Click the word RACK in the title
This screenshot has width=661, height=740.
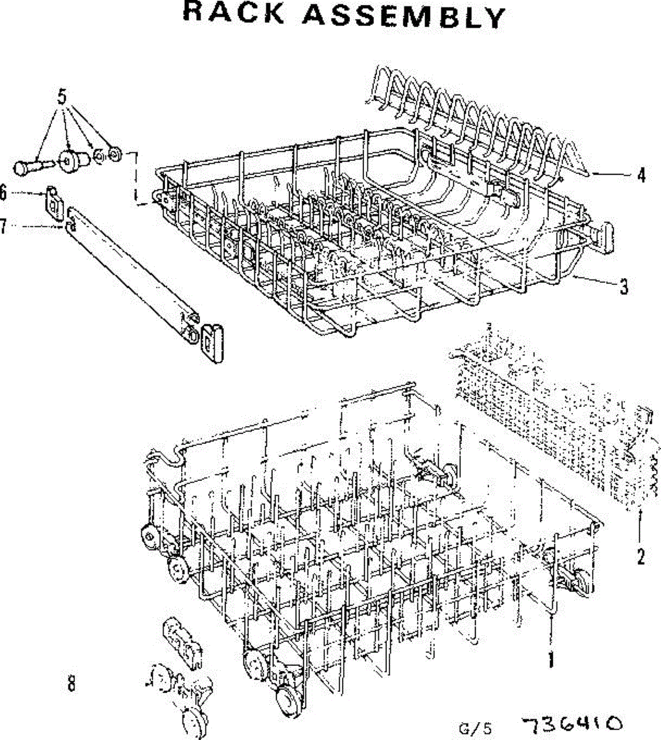click(x=233, y=14)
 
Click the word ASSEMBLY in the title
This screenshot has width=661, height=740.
click(x=403, y=16)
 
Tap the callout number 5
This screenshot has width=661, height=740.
click(x=62, y=96)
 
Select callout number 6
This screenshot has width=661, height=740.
click(x=3, y=194)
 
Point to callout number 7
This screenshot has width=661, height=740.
click(x=3, y=227)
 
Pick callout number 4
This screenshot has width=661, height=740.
click(x=641, y=175)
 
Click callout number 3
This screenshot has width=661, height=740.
click(x=624, y=286)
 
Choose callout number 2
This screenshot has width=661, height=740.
click(x=641, y=557)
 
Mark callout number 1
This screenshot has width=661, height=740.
click(x=551, y=660)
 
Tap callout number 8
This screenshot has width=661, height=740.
click(x=71, y=683)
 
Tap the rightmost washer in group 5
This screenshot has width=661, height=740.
click(x=114, y=153)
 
